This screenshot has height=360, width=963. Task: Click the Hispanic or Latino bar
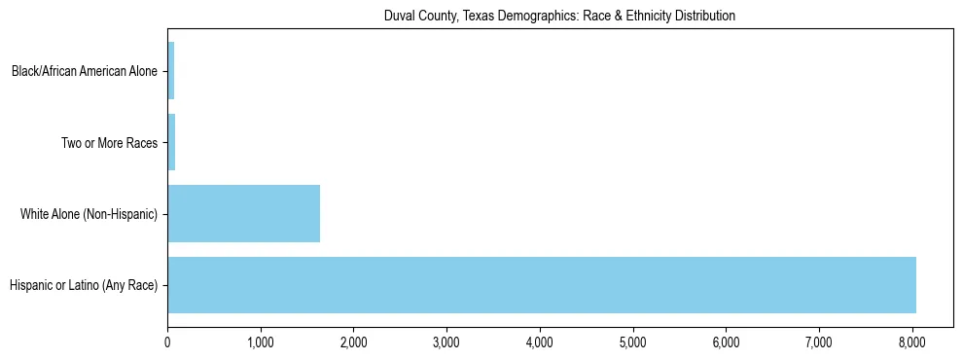[541, 285]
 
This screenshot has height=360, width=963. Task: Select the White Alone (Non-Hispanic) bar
[243, 214]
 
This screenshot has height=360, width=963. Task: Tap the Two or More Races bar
[171, 143]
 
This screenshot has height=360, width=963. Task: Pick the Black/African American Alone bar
[170, 71]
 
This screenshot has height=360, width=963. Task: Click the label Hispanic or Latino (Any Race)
[84, 285]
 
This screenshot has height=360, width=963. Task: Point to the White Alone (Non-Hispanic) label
[89, 214]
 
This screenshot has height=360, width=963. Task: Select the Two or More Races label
[109, 143]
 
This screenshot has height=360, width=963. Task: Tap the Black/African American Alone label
[85, 71]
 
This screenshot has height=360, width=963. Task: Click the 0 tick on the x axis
[167, 342]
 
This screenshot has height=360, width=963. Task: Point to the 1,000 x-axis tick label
[261, 342]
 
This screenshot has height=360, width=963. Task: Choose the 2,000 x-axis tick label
[353, 342]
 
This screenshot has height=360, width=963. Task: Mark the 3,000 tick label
[446, 342]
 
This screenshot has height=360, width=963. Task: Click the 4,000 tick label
[540, 342]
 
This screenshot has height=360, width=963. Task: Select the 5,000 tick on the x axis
[633, 342]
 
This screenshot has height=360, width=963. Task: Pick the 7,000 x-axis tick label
[819, 342]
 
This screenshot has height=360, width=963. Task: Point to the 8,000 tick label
[912, 342]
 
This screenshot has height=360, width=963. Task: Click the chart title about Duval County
[560, 16]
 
